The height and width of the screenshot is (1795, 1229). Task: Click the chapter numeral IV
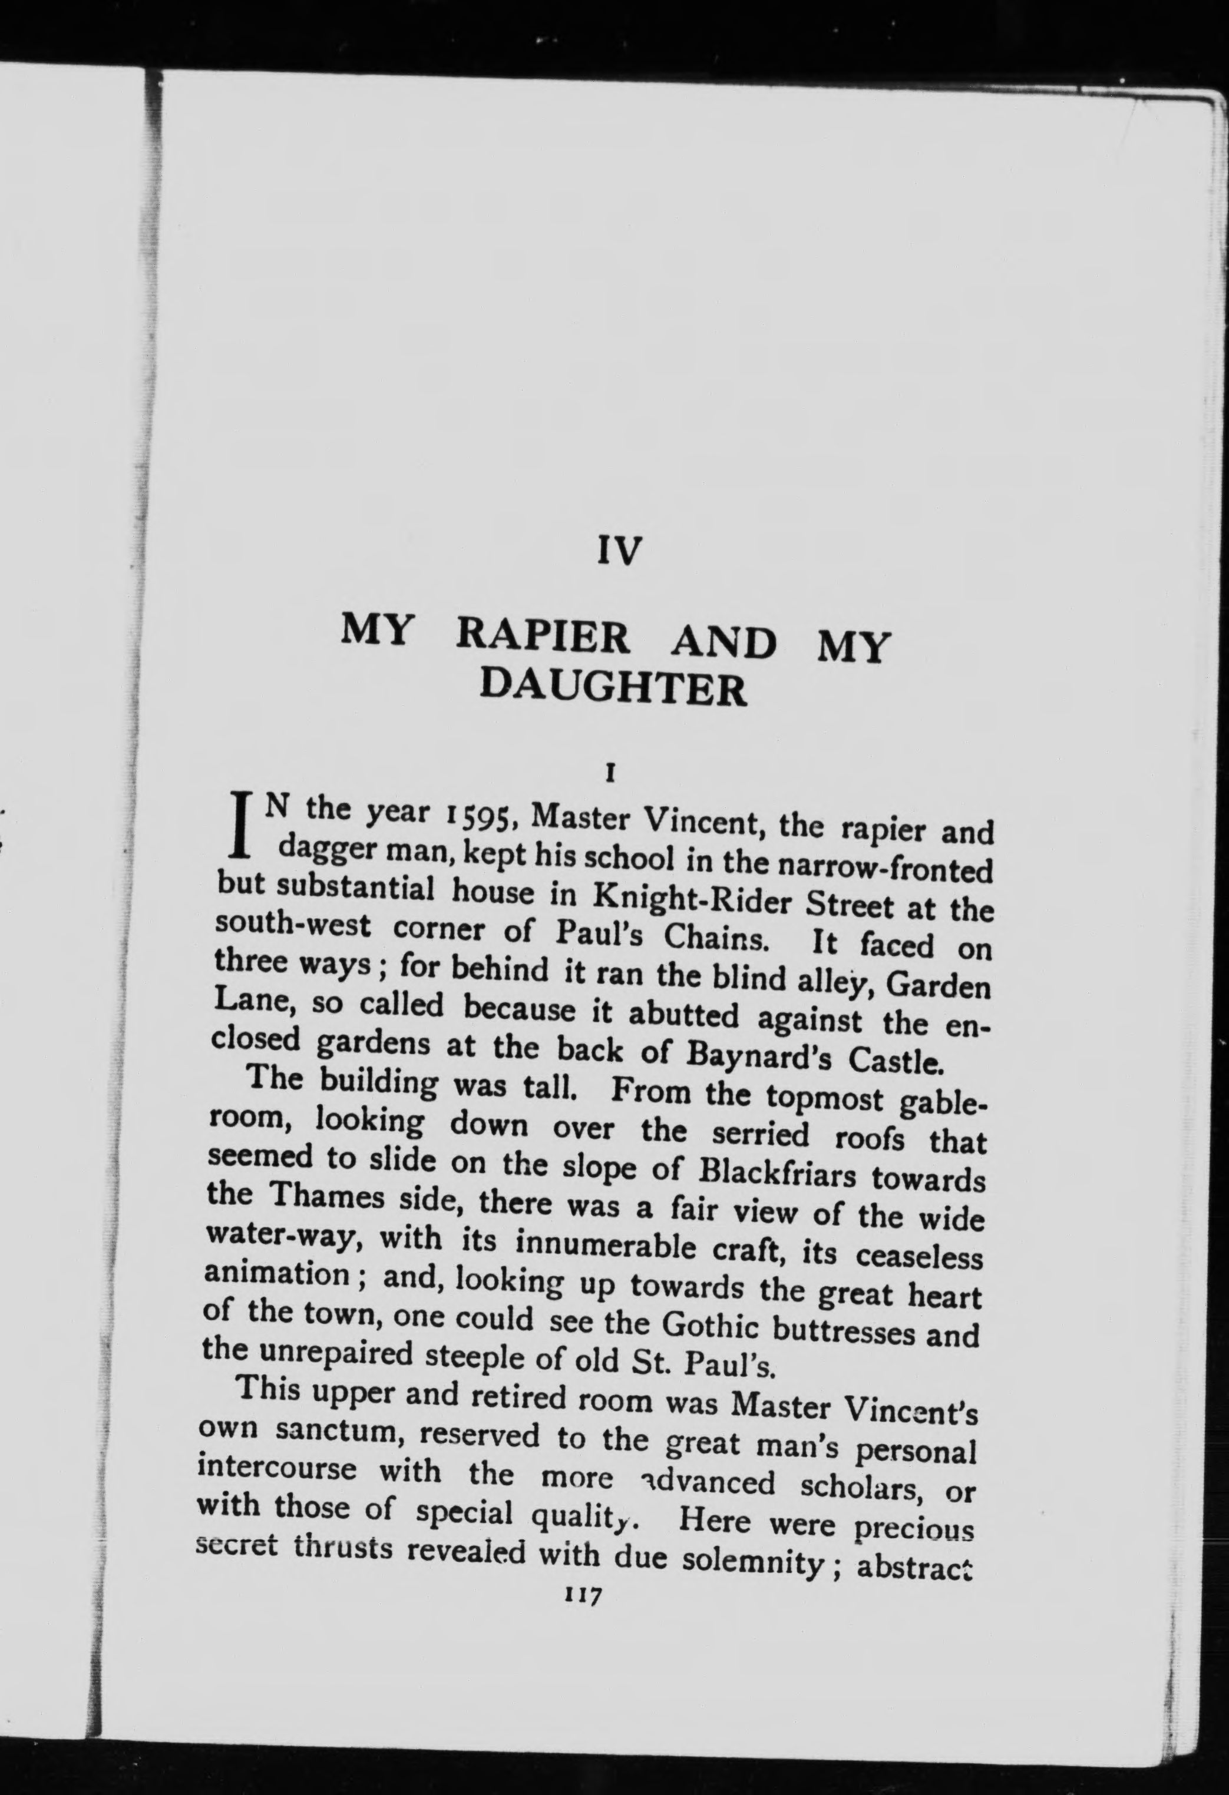coord(620,551)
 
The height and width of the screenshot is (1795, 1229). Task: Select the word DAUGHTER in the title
coord(614,689)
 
